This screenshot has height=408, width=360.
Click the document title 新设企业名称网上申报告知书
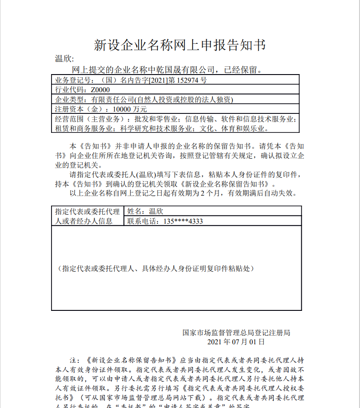point(180,45)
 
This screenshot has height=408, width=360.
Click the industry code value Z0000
point(100,90)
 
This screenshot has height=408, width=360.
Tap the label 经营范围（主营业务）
point(89,119)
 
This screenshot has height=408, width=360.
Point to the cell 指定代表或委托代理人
point(87,211)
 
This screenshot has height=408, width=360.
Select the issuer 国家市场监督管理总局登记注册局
point(236,333)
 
